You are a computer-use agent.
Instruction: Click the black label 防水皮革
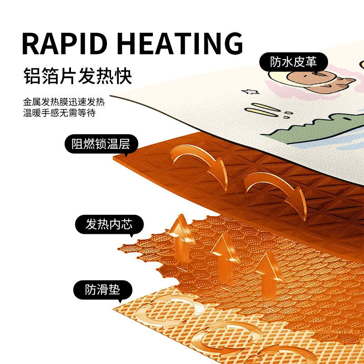(x=293, y=62)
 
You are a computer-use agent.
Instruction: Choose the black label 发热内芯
(x=109, y=224)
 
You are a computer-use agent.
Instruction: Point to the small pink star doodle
(x=248, y=92)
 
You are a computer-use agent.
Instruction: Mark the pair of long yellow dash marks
(x=264, y=110)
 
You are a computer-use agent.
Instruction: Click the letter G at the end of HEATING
(x=230, y=44)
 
